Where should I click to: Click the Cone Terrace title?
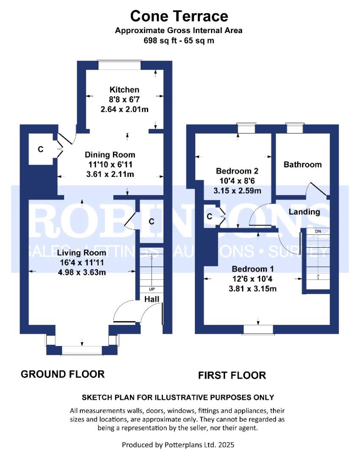[x=179, y=16]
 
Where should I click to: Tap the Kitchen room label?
[x=124, y=89]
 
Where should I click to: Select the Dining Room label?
[x=110, y=155]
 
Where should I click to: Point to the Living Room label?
[x=82, y=253]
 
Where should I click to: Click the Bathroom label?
[x=303, y=165]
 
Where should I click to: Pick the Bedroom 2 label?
[x=237, y=171]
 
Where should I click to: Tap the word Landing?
[x=304, y=212]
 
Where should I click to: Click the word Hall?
[x=152, y=299]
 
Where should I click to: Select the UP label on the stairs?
[x=152, y=289]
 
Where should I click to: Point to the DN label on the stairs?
[x=318, y=232]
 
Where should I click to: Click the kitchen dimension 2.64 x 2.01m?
[x=124, y=109]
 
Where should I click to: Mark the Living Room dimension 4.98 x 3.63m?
[x=82, y=273]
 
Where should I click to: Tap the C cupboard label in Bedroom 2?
[x=209, y=216]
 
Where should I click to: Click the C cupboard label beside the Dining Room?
[x=41, y=149]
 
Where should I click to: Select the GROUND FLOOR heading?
[x=62, y=374]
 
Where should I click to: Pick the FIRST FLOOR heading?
[x=232, y=375]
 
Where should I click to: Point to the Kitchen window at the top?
[x=120, y=65]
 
